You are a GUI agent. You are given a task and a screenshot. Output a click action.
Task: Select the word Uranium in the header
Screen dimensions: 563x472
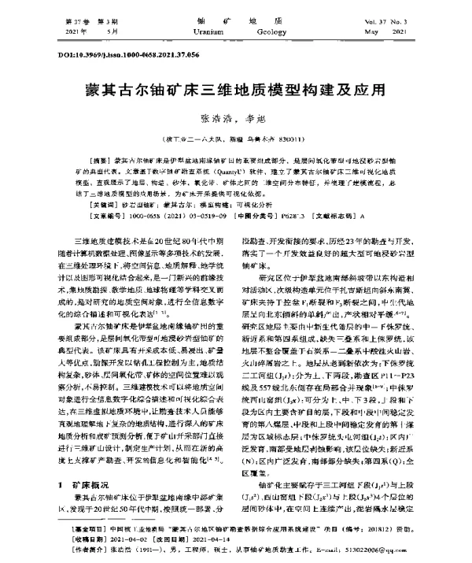tap(186, 31)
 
